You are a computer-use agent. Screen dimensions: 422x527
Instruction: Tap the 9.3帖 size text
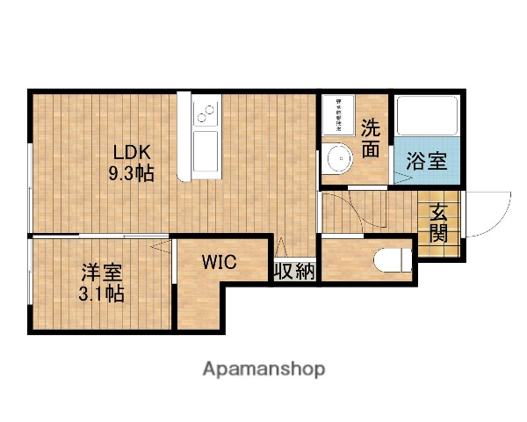(x=131, y=172)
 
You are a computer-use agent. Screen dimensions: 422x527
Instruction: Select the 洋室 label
(x=99, y=273)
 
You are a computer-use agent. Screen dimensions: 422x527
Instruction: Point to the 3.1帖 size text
(x=99, y=294)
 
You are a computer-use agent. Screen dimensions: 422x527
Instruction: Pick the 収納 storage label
(x=293, y=272)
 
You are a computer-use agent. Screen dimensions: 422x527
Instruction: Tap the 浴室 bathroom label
(x=426, y=162)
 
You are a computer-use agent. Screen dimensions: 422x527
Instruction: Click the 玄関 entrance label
(x=437, y=223)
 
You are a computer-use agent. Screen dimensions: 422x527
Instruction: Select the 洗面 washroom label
(x=371, y=138)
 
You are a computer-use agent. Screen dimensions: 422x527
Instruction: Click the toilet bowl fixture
(x=392, y=260)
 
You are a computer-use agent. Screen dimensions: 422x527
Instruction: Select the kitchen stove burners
(x=206, y=112)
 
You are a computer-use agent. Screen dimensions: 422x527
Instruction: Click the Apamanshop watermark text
(x=263, y=368)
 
